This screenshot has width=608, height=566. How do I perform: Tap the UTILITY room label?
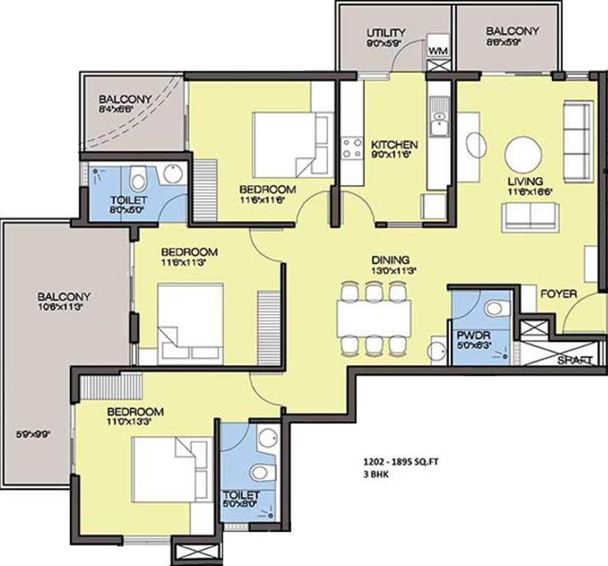pos(386,32)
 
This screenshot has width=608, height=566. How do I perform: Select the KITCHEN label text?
pos(394,144)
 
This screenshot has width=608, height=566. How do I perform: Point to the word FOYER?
pos(558,293)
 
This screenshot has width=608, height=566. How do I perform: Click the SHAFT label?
pos(575,360)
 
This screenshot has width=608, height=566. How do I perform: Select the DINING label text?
pos(390,259)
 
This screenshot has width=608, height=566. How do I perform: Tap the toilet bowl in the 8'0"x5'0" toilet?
pos(137,178)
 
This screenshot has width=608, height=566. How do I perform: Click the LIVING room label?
pos(524,181)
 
